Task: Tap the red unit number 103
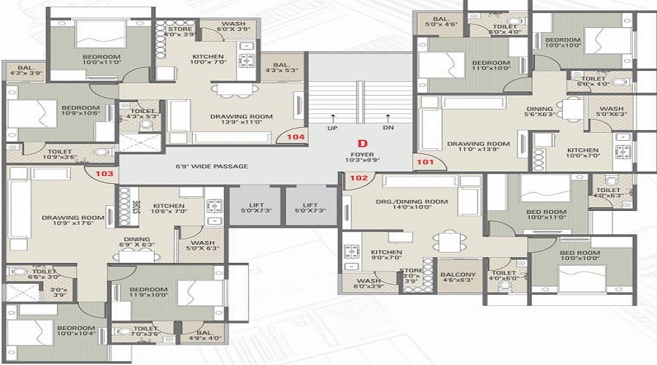[104, 174]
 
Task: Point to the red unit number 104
[296, 136]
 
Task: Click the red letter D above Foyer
[360, 144]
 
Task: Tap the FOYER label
[360, 155]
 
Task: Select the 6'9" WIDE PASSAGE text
[212, 166]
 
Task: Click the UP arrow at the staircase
[333, 122]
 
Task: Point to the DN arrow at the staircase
[388, 122]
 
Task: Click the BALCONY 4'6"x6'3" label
[458, 278]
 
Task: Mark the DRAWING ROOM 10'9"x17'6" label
[72, 221]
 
